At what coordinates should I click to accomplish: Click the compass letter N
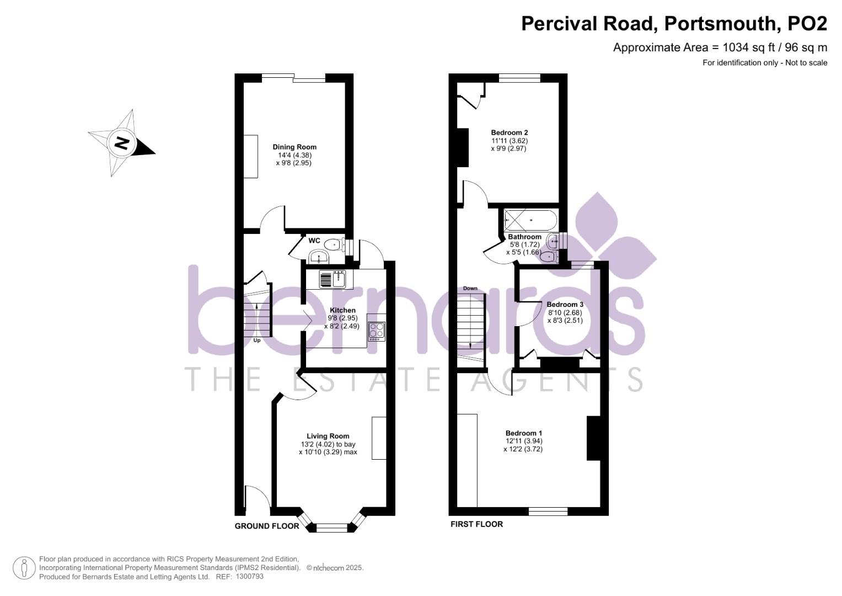pos(121,143)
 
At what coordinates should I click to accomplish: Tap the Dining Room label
pos(294,147)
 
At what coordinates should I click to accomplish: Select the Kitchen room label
pos(342,310)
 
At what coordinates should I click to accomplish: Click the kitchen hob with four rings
pos(377,330)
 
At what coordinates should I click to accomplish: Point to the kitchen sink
pos(332,279)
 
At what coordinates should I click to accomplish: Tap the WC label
pos(314,241)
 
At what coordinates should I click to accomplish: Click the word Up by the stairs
pos(257,340)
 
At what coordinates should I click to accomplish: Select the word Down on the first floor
pos(470,288)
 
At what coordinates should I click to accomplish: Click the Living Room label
pos(328,436)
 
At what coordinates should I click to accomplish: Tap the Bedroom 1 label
pos(524,433)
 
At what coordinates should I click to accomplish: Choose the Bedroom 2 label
pos(510,132)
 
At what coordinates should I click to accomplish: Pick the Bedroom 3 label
pos(565,305)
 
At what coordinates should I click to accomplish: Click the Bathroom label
pos(524,237)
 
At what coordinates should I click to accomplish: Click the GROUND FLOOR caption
pos(267,526)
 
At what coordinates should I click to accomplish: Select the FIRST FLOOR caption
pos(476,524)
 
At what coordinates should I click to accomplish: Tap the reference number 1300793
pos(249,576)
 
